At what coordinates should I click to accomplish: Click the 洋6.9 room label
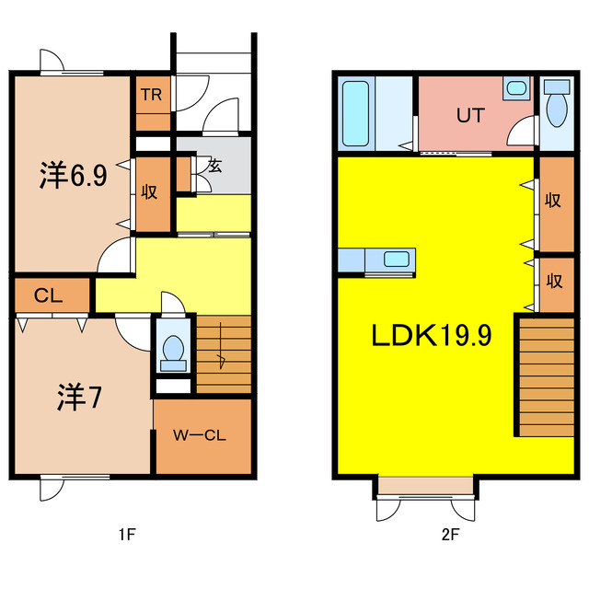(x=73, y=177)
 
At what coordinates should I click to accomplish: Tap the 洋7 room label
(x=79, y=398)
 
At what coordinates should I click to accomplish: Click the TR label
(x=153, y=93)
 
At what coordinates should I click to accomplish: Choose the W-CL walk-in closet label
(x=202, y=436)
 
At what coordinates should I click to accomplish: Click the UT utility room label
(x=471, y=116)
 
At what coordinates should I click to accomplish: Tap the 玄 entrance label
(x=214, y=167)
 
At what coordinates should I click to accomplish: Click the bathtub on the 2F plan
(x=356, y=113)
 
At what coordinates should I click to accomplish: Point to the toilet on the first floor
(x=173, y=350)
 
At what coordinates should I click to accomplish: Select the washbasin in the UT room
(x=516, y=89)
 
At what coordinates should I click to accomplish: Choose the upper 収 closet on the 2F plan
(x=555, y=202)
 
